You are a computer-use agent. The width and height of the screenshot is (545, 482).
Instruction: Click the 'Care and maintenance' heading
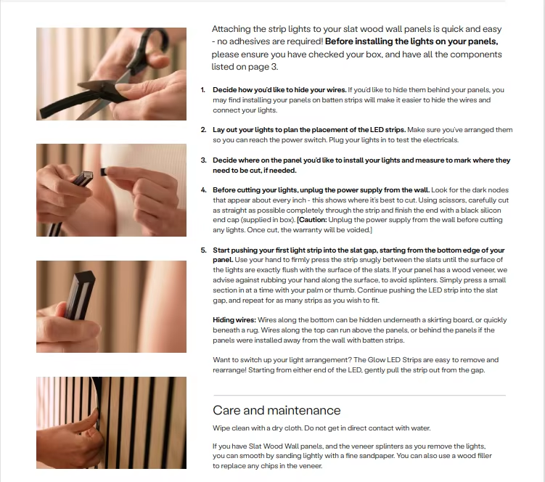(276, 410)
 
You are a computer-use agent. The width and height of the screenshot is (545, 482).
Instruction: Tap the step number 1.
(203, 90)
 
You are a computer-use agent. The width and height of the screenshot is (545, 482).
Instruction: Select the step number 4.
(204, 190)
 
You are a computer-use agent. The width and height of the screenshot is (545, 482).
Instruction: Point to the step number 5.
(204, 250)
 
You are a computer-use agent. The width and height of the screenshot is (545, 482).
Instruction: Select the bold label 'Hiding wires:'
(234, 320)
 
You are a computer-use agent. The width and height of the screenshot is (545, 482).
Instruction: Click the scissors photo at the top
(111, 74)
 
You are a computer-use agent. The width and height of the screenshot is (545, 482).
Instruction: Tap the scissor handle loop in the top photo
(153, 40)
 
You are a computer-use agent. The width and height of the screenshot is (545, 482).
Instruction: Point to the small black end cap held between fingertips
(104, 171)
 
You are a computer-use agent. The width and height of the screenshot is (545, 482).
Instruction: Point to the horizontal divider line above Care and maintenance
(359, 395)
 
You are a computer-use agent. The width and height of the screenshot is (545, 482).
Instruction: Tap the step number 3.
(204, 160)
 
